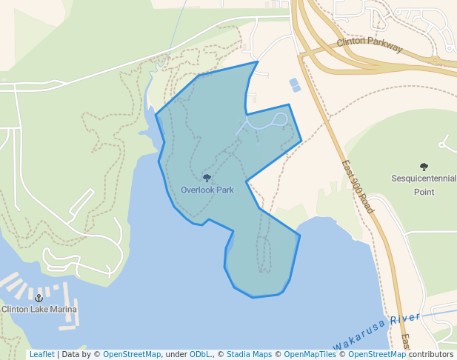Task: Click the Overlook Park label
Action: coord(207,190)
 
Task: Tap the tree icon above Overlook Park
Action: coord(207,178)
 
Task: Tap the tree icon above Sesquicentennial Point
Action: coord(424,167)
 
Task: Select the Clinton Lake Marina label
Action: coord(39,309)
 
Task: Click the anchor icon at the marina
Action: coord(39,298)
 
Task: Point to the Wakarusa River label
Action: coord(376,331)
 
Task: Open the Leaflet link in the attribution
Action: coord(41,354)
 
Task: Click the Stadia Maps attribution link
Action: coord(249,354)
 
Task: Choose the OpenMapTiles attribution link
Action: coord(311,354)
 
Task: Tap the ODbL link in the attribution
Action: coord(200,354)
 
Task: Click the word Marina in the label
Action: coord(63,309)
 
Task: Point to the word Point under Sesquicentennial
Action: coord(424,192)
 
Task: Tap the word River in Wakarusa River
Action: coord(404,321)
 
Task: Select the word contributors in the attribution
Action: coord(431,354)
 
